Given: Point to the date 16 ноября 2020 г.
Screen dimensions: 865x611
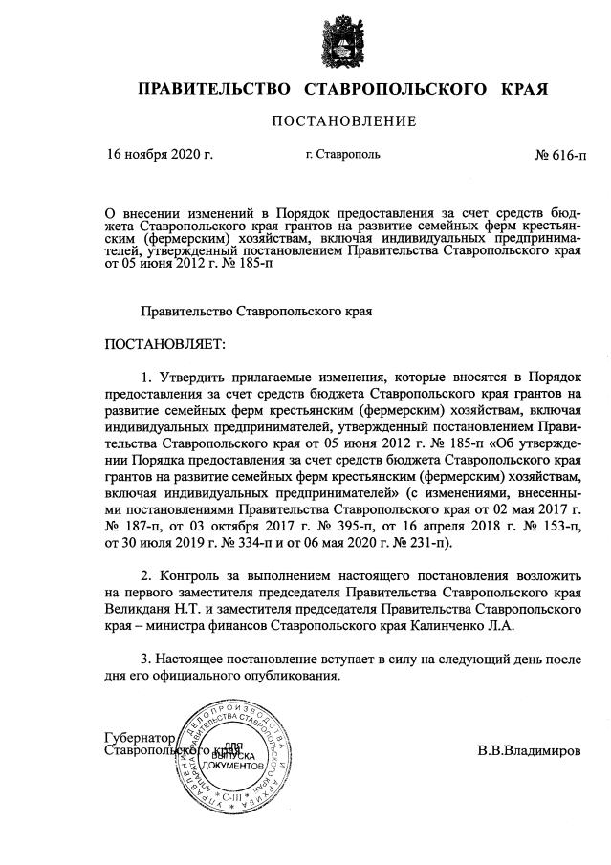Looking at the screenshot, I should point(161,153).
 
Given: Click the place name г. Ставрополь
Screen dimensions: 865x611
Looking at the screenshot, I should point(343,153).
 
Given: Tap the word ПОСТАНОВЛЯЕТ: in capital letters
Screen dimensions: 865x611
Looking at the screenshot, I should point(164,342).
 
